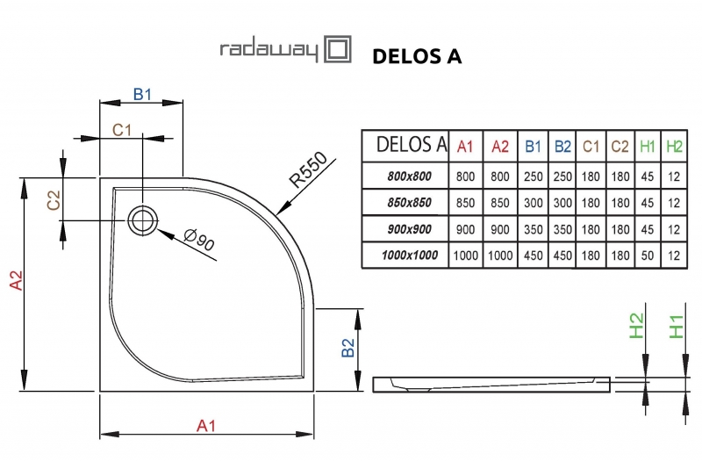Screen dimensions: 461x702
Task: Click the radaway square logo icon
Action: point(339,50)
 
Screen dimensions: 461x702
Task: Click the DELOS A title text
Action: point(417,56)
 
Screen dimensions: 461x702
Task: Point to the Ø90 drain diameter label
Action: point(199,238)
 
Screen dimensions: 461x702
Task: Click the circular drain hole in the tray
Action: point(140,220)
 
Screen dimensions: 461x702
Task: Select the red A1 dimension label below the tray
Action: point(205,426)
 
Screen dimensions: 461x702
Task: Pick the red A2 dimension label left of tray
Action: point(15,279)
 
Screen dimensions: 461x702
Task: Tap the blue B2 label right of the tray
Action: point(347,349)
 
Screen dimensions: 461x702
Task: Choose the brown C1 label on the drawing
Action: point(121,130)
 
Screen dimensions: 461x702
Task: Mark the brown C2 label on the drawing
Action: point(54,200)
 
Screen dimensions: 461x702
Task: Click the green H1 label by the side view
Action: point(676,327)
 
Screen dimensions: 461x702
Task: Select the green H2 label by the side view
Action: point(637,327)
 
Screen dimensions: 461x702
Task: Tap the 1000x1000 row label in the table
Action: point(406,255)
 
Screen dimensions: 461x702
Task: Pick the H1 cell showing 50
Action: point(648,255)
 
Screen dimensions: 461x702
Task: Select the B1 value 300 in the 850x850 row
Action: point(531,202)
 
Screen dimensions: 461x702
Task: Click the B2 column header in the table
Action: point(562,146)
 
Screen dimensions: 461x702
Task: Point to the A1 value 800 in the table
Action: point(466,176)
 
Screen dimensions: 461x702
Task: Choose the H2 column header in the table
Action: point(674,146)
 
